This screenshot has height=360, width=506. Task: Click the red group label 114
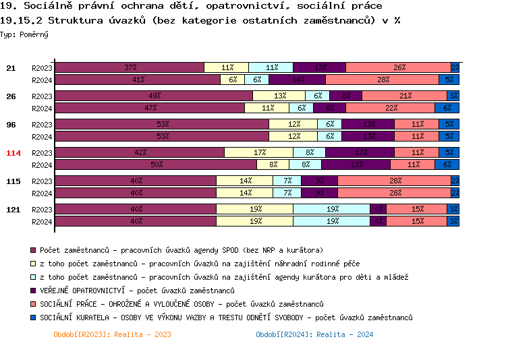13,153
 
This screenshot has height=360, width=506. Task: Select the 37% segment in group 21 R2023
130,67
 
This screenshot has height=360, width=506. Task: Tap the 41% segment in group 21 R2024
138,80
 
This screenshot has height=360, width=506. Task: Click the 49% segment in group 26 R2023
154,96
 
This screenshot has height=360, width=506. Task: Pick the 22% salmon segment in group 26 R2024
390,108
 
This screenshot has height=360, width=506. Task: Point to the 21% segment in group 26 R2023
405,96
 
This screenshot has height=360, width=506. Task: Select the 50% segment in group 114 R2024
156,164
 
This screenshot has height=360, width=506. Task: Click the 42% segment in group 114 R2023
140,152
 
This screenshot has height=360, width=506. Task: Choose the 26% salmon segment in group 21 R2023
399,67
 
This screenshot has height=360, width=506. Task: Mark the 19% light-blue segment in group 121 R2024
332,221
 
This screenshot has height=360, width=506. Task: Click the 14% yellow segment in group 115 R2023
245,181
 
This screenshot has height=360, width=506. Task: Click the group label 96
11,125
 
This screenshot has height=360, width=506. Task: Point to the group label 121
13,210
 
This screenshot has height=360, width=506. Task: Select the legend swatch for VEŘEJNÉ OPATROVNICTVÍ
33,291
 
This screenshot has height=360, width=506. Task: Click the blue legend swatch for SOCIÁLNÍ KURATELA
33,318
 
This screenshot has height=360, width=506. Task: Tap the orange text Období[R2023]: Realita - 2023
112,334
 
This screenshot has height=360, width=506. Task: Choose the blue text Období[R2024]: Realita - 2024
314,334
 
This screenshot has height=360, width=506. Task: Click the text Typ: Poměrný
24,34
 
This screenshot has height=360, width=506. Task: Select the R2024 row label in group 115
42,193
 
